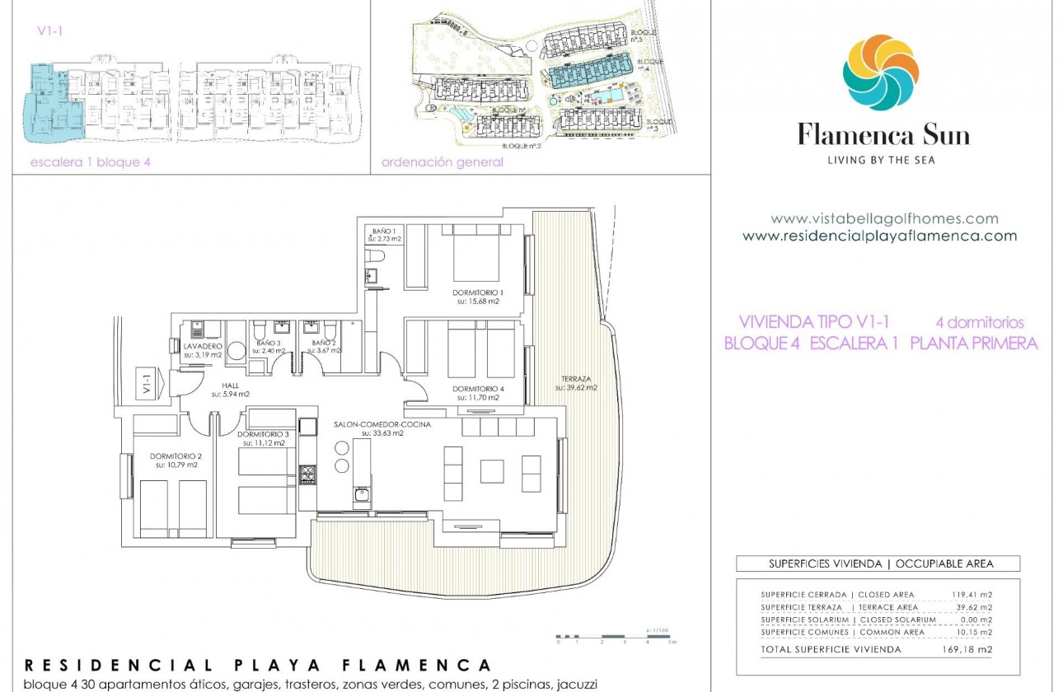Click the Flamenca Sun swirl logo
click(x=880, y=72)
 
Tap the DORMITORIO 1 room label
click(x=477, y=292)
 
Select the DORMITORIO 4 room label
click(x=477, y=389)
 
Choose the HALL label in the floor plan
click(x=230, y=385)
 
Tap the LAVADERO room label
click(x=204, y=347)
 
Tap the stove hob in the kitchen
click(x=307, y=475)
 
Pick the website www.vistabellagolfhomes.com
click(x=884, y=219)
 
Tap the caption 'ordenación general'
click(x=442, y=162)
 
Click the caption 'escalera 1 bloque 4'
click(x=91, y=162)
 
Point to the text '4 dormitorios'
click(x=979, y=322)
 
